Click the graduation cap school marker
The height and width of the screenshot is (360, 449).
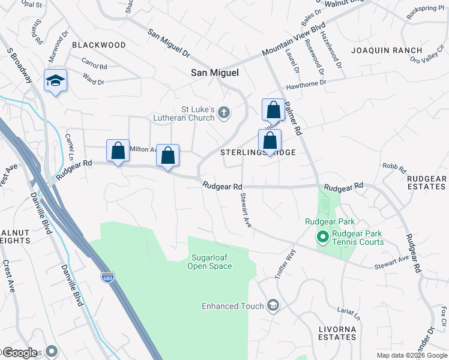[x=55, y=81]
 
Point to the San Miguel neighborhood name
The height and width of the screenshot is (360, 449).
[x=214, y=73]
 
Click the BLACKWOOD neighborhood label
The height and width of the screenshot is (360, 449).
[x=99, y=45]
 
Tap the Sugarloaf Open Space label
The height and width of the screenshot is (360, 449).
[x=209, y=262]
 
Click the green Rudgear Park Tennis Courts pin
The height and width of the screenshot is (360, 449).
[x=322, y=238]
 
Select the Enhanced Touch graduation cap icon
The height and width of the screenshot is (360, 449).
[x=273, y=306]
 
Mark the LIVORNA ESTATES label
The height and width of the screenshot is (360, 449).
[x=337, y=333]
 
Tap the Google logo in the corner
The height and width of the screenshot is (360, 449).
[x=19, y=352]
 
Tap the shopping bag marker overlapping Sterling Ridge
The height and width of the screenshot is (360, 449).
[x=270, y=141]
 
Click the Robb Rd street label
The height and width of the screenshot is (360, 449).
[x=391, y=166]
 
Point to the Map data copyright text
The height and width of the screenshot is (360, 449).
[x=412, y=355]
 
